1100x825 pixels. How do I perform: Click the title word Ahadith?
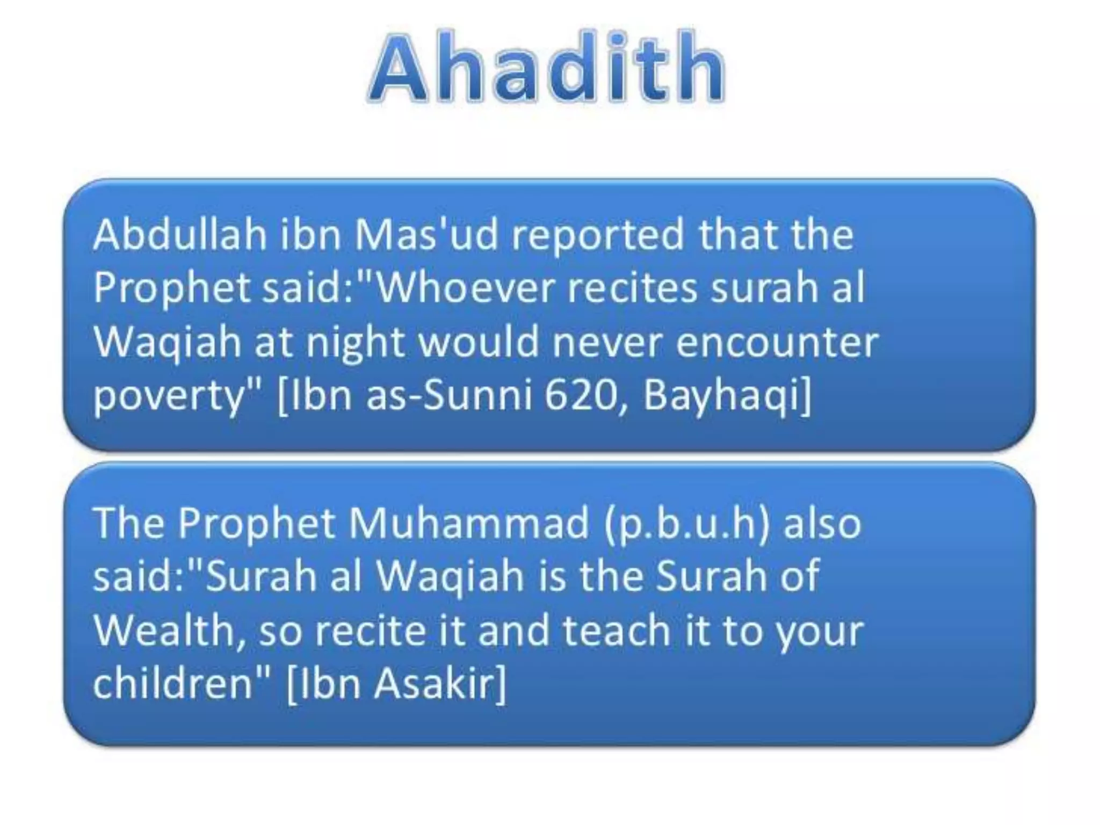546,67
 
